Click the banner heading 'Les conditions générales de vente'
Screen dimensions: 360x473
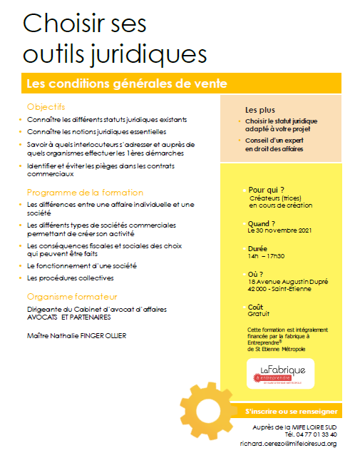point(126,83)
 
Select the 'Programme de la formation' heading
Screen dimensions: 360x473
point(85,193)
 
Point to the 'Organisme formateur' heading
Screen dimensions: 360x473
point(72,296)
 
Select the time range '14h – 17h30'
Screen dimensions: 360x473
point(267,255)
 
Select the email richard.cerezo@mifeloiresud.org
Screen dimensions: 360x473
point(287,443)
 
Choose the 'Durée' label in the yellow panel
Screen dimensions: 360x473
point(259,248)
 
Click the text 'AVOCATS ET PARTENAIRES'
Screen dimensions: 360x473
point(70,316)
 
